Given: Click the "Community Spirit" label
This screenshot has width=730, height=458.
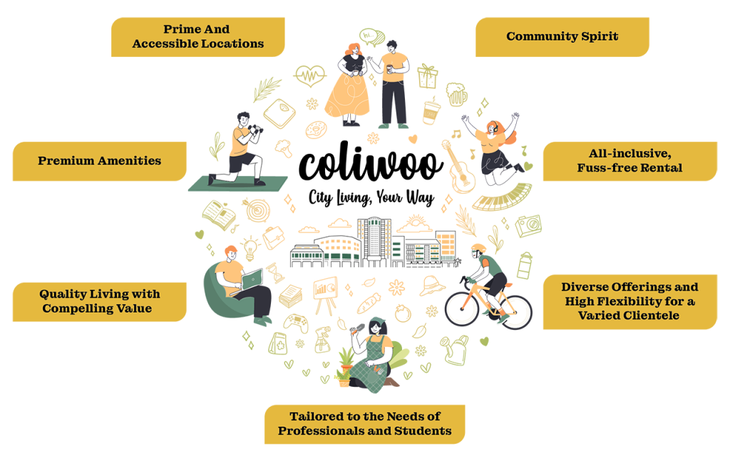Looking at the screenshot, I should pyautogui.click(x=562, y=36).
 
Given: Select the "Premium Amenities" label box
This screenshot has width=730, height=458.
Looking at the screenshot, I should pyautogui.click(x=99, y=161).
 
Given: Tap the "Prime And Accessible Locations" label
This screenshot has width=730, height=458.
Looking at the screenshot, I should pyautogui.click(x=198, y=37).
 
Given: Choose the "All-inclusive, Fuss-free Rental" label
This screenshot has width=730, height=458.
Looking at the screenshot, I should pyautogui.click(x=629, y=161).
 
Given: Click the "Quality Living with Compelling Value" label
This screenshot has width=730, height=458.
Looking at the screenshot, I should pyautogui.click(x=99, y=301).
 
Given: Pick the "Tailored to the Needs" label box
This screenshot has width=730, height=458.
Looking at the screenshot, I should pyautogui.click(x=364, y=425).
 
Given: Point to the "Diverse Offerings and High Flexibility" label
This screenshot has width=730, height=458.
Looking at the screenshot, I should pyautogui.click(x=629, y=301).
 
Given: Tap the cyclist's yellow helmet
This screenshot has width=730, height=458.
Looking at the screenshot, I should pyautogui.click(x=478, y=248).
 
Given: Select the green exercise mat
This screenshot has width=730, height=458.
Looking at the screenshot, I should pyautogui.click(x=239, y=184).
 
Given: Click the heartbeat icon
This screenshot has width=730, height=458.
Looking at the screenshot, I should pyautogui.click(x=310, y=74).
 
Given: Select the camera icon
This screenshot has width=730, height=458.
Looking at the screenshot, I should pyautogui.click(x=528, y=226).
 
